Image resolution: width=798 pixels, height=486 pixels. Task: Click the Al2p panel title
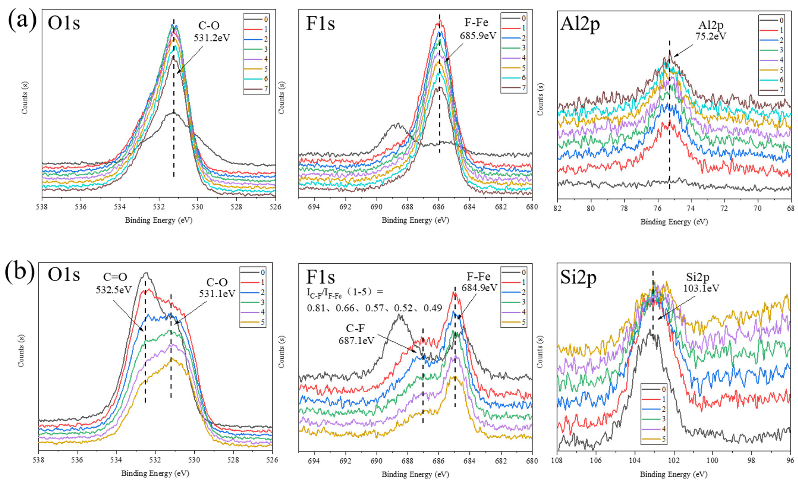point(580,24)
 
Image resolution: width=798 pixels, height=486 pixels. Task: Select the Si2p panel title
point(578,278)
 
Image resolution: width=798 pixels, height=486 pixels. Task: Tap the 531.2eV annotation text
point(212,38)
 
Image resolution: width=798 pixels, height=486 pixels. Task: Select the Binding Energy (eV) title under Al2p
point(674,222)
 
